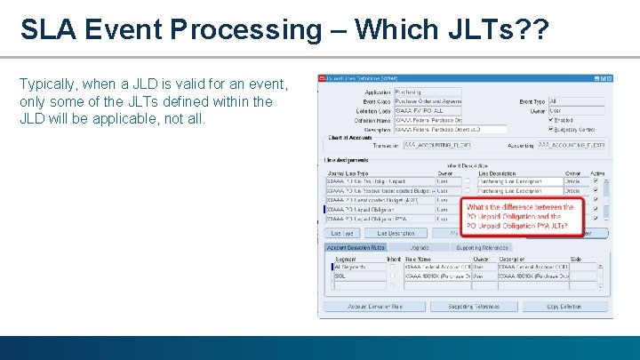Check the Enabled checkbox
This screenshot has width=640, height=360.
[552, 120]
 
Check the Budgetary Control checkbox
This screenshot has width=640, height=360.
[552, 129]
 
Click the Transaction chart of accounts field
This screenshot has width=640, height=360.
[436, 144]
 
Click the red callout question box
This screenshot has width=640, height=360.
[524, 217]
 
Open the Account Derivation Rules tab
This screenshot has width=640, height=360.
[356, 247]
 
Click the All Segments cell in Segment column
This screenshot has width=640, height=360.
[359, 266]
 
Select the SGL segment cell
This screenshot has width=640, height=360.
[359, 276]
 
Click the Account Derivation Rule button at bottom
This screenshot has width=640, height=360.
[374, 306]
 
